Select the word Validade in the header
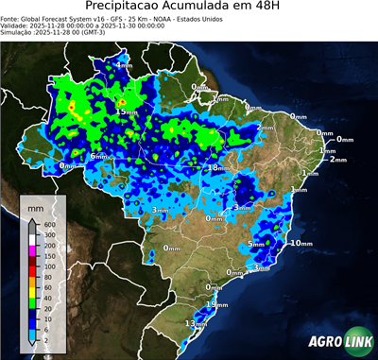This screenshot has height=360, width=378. [x=16, y=26]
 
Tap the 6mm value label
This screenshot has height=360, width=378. [x=98, y=156]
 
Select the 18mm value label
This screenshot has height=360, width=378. [x=216, y=167]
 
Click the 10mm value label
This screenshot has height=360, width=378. [x=302, y=243]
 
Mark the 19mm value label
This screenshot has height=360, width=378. [x=218, y=305]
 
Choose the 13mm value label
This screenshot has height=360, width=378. [x=197, y=323]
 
